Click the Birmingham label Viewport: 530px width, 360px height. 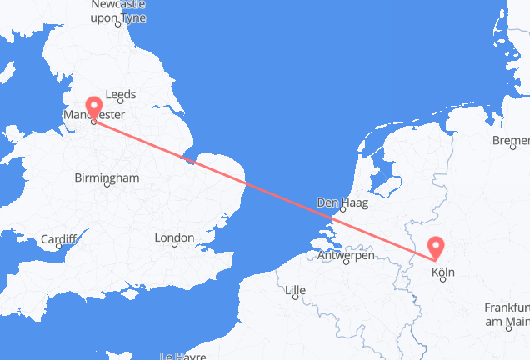click(106, 177)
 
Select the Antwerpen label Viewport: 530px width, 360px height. click(346, 255)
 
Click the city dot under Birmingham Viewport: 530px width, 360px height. click(107, 187)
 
